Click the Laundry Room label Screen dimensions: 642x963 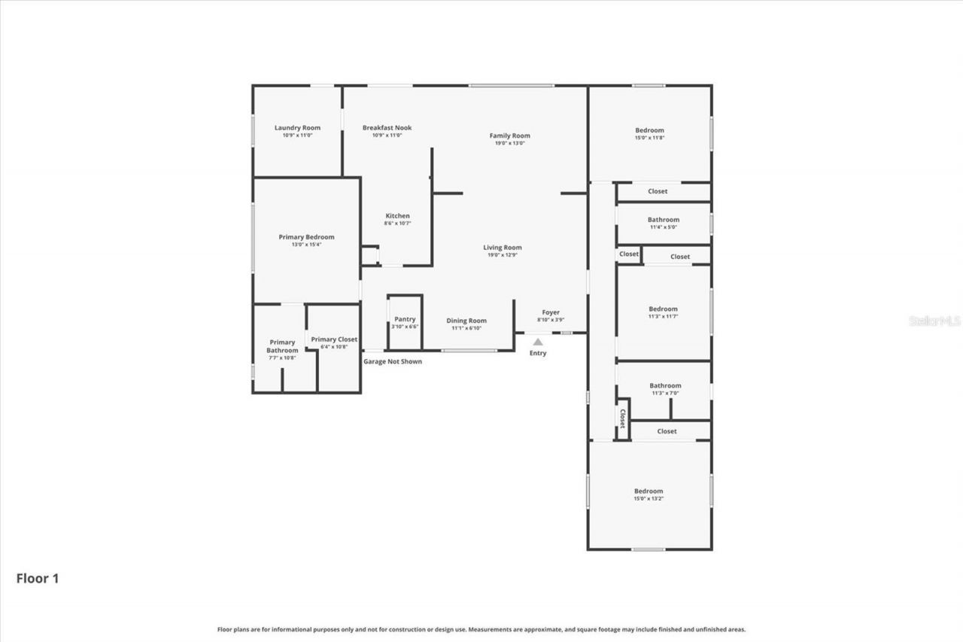[297, 128]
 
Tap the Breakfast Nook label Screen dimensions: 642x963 [387, 128]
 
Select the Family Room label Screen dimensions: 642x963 [509, 136]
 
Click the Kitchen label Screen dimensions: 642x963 [397, 216]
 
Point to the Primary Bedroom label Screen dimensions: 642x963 [306, 237]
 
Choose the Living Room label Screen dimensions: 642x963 [502, 248]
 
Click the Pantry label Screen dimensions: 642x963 [405, 319]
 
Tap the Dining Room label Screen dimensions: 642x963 [466, 321]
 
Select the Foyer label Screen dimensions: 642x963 [551, 312]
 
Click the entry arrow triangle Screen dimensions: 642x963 [538, 342]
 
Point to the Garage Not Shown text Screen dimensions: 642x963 [393, 361]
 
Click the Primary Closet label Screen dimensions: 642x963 [334, 339]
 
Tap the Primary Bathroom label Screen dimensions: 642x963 [282, 346]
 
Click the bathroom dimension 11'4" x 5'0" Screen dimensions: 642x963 [663, 227]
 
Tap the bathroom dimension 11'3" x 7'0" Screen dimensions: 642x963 [665, 393]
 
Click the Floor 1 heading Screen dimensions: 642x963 [38, 578]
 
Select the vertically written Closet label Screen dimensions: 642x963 [622, 418]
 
